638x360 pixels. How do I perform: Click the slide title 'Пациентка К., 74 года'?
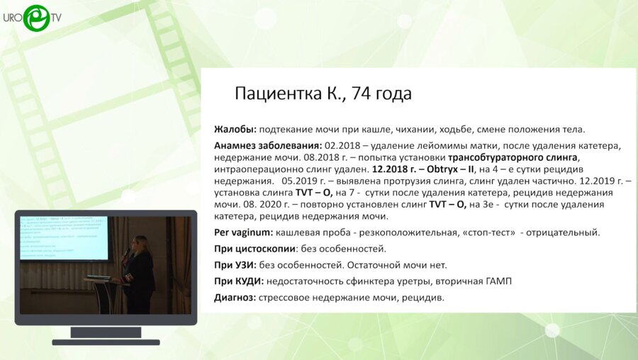click(x=323, y=94)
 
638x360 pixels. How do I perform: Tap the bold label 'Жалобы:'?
click(x=235, y=130)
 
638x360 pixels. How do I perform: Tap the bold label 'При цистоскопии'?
click(x=256, y=249)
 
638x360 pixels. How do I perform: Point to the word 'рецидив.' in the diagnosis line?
click(x=424, y=298)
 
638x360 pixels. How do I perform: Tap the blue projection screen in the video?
click(x=64, y=237)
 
